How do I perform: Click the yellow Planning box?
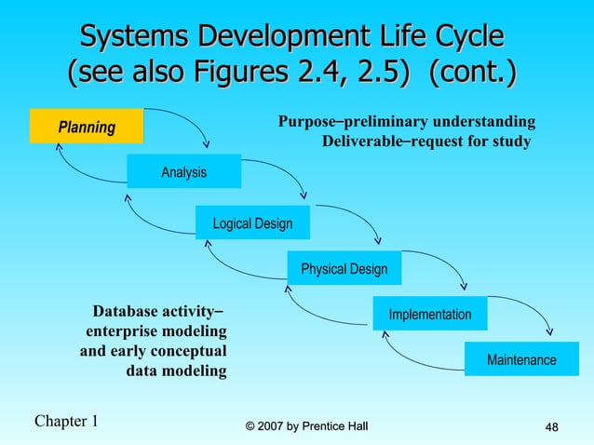point(87,127)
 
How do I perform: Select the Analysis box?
point(183,172)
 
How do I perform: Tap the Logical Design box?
point(252,223)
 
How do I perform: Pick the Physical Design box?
point(344,269)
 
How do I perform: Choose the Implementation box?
point(429,315)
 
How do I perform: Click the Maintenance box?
point(521,359)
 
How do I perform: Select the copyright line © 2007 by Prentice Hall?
point(306,426)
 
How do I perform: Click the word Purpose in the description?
point(305,122)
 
